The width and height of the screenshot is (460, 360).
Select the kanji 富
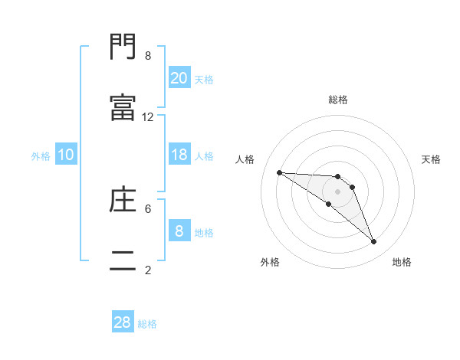click(123, 108)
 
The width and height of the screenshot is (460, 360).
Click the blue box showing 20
click(179, 77)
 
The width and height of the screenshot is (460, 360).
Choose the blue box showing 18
click(179, 155)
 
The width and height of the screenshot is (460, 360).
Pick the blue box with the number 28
click(123, 322)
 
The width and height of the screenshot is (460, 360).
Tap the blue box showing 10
click(66, 155)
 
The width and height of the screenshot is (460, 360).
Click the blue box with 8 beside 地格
click(179, 231)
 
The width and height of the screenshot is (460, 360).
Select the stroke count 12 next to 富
click(148, 116)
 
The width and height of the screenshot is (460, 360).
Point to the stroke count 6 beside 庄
click(148, 208)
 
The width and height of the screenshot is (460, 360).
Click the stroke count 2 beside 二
click(148, 269)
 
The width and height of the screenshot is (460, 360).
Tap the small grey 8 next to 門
click(148, 56)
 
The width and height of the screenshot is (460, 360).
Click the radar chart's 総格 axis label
click(338, 100)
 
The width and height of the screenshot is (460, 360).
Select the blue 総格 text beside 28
click(147, 324)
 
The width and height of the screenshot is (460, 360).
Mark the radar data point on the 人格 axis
click(279, 172)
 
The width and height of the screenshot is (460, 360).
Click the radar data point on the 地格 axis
click(374, 242)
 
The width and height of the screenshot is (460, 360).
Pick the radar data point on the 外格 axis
click(328, 204)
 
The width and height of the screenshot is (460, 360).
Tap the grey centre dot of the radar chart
click(338, 191)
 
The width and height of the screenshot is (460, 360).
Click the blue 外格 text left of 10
click(41, 155)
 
